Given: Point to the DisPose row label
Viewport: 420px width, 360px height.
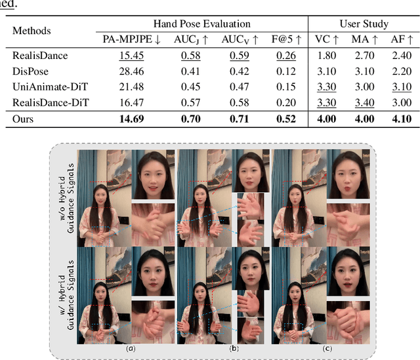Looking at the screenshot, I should [33, 71].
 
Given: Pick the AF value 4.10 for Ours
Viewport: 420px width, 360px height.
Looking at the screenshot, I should [398, 119].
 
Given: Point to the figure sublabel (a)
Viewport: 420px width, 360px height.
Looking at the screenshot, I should [131, 348].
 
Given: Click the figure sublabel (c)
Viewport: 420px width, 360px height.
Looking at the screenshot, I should [324, 348].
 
